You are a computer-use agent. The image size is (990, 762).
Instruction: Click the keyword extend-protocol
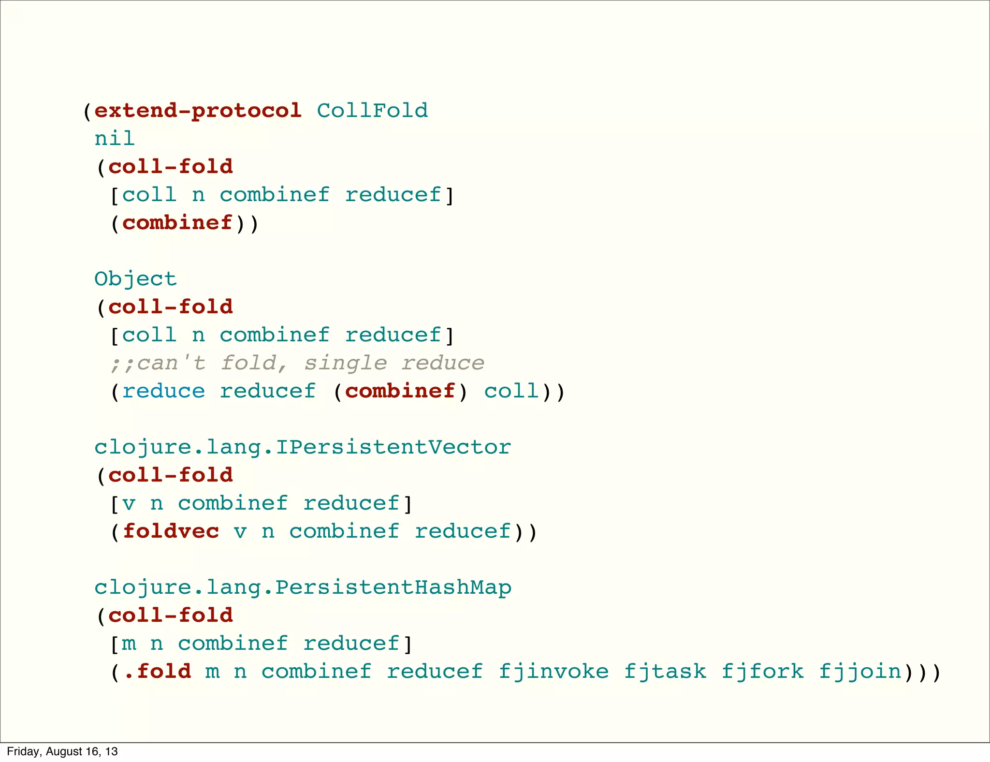click(x=198, y=111)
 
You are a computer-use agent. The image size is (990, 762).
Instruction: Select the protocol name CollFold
click(x=372, y=111)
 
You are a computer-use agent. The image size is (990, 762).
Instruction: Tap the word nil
click(x=115, y=139)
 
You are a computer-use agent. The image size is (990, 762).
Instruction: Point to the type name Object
click(x=136, y=279)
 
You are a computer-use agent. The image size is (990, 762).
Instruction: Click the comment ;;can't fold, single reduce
click(x=297, y=363)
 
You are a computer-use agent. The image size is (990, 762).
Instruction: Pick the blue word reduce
click(x=164, y=391)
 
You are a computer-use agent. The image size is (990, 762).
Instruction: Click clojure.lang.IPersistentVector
click(x=303, y=447)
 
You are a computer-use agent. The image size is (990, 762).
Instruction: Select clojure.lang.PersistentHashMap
click(x=303, y=587)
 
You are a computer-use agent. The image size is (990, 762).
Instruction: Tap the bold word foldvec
click(x=171, y=531)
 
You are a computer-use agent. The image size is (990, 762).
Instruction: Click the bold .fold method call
click(x=158, y=672)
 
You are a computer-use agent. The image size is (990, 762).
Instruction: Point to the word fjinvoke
click(x=553, y=672)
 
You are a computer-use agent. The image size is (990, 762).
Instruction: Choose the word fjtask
click(x=665, y=672)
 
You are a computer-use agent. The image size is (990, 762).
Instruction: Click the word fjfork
click(x=763, y=672)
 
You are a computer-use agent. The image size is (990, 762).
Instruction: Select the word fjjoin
click(x=860, y=672)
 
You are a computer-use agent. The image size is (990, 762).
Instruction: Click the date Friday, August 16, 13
click(x=62, y=751)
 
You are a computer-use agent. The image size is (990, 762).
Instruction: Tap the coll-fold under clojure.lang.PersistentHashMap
click(x=171, y=615)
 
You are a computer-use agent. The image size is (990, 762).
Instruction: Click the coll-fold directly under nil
click(x=171, y=167)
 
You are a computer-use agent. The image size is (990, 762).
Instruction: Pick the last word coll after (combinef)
click(x=511, y=391)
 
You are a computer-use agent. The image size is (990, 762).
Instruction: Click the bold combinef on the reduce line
click(x=400, y=391)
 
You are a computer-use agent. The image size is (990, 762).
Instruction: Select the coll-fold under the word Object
click(x=171, y=307)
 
